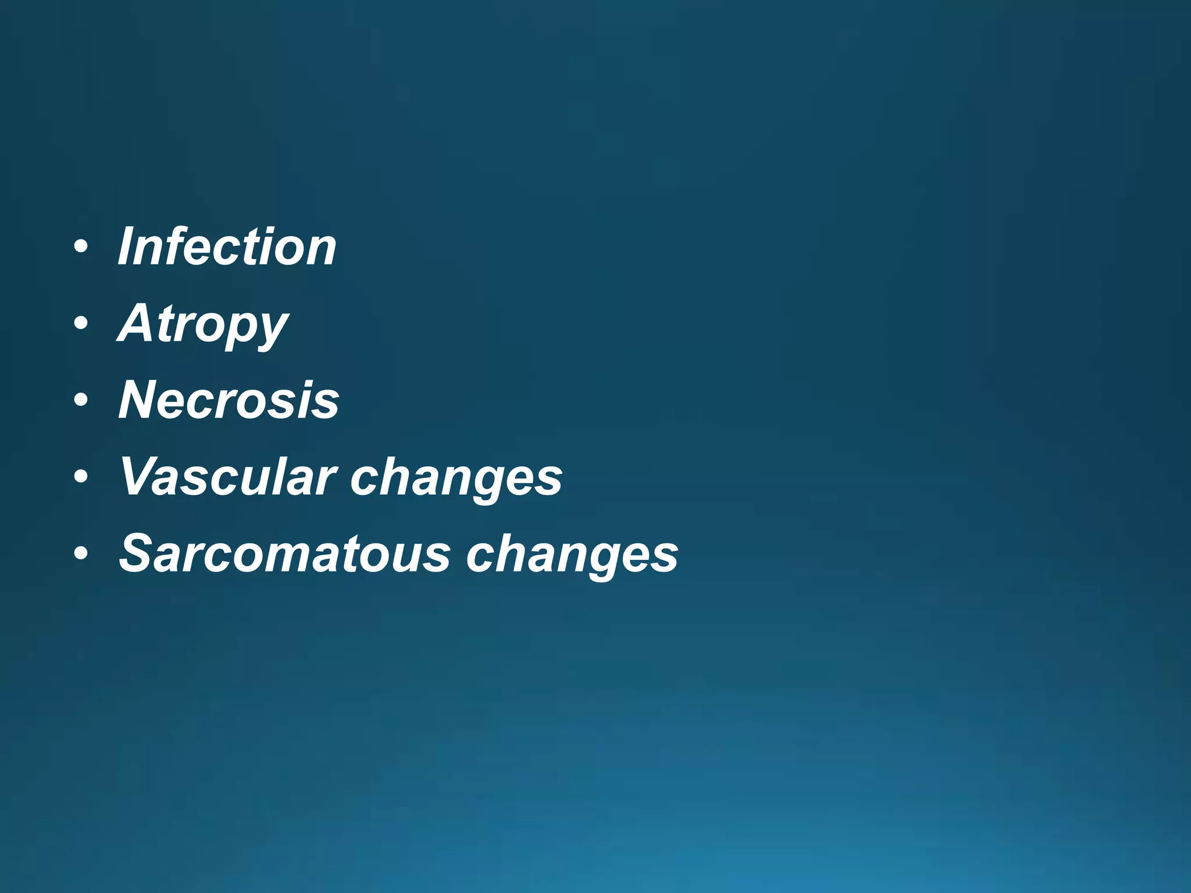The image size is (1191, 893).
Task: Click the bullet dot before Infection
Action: point(81,247)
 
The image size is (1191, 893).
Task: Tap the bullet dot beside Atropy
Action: point(81,323)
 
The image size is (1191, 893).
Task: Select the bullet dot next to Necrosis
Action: point(81,400)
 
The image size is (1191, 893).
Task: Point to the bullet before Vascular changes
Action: point(81,477)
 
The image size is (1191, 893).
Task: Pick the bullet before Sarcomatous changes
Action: point(81,553)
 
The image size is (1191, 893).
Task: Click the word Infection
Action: point(227,247)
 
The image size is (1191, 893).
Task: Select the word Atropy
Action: point(203,324)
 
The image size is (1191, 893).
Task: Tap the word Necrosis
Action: point(229,400)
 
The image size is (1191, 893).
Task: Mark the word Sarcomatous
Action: point(284,553)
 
